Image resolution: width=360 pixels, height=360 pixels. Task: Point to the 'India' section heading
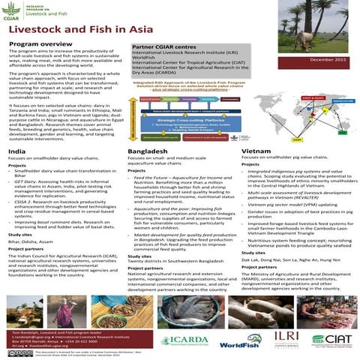click(16, 151)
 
